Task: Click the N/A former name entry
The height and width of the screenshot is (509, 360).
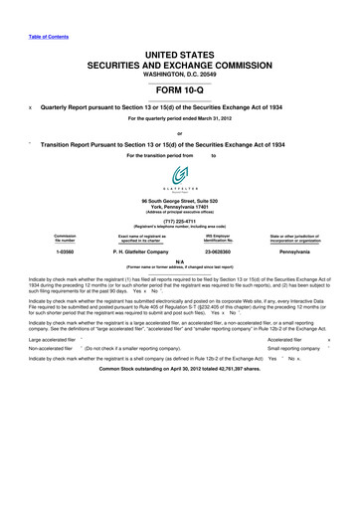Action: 180,262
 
